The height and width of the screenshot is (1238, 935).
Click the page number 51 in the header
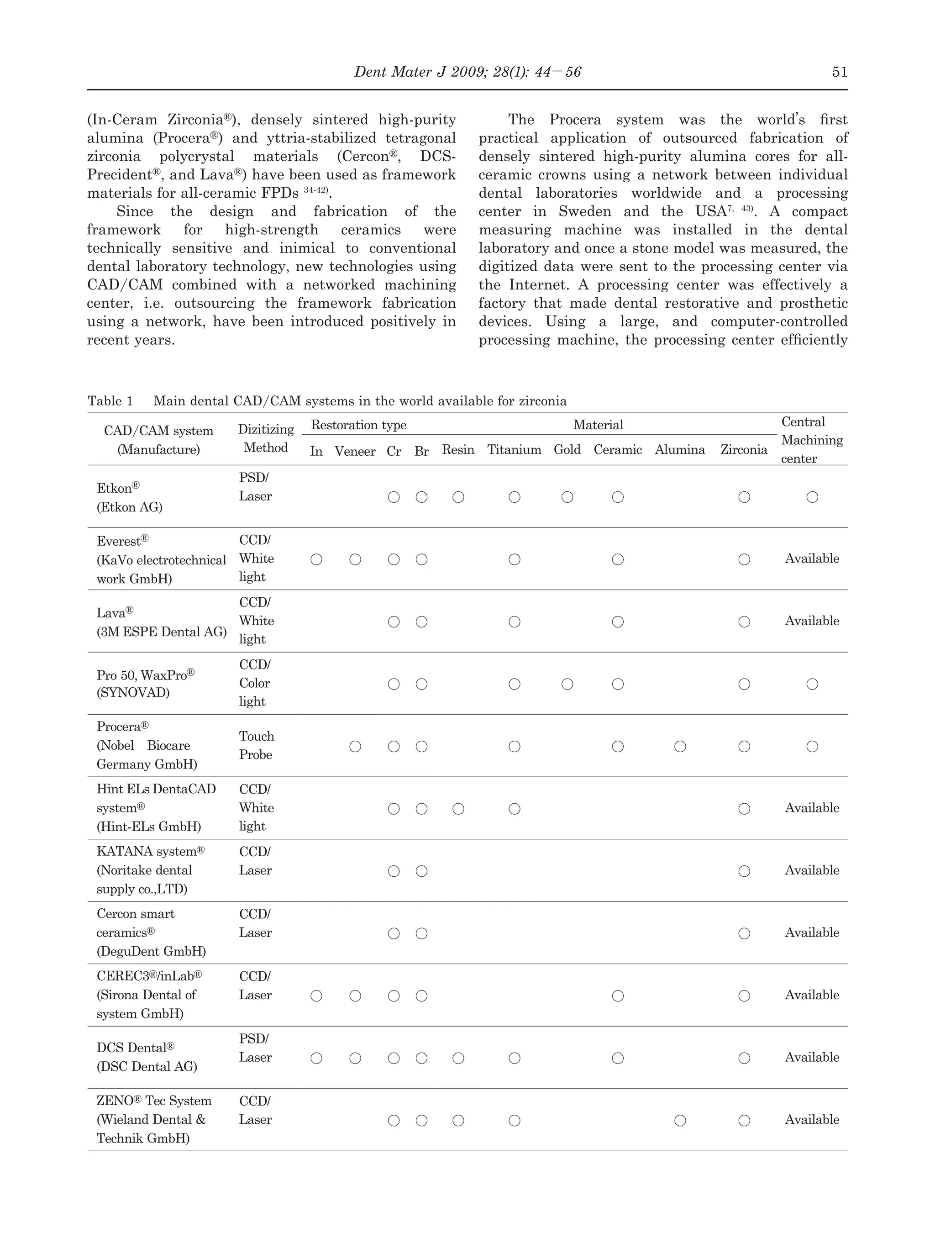839,72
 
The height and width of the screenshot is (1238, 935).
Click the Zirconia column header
744,450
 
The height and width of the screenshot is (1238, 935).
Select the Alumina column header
680,450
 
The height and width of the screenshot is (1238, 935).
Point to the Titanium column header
514,450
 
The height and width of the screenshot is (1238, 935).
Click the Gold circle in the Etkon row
567,497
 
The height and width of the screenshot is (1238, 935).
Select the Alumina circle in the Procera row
680,746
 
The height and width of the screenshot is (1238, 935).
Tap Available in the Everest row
812,558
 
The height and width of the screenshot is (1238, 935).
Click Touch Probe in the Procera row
256,745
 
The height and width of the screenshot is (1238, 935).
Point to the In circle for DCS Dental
316,1058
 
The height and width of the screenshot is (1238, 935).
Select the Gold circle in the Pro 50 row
567,684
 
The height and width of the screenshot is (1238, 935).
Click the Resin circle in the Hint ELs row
458,809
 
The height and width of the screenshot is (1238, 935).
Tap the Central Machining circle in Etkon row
812,497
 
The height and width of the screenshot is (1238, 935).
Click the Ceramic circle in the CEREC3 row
618,996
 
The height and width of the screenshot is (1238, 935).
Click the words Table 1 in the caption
110,401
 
